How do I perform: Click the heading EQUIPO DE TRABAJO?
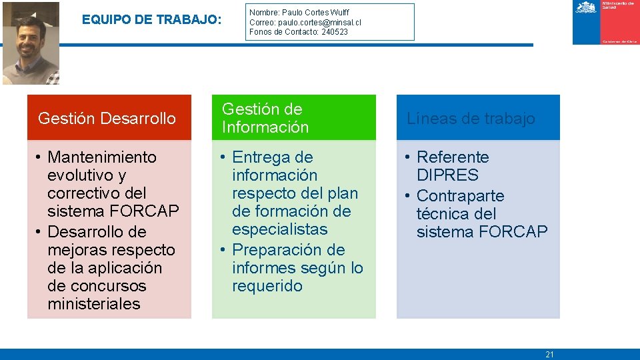click(x=151, y=20)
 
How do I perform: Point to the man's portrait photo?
click(x=30, y=43)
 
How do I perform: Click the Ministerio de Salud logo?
click(x=605, y=23)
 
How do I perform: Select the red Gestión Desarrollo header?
click(x=109, y=118)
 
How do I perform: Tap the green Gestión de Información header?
click(x=293, y=118)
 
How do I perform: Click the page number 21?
click(x=549, y=355)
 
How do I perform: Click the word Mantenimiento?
click(x=102, y=157)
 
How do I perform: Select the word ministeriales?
click(x=94, y=304)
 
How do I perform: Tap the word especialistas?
click(x=279, y=229)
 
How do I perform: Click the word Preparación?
click(x=279, y=250)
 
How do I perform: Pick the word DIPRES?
click(x=447, y=175)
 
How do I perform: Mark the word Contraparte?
click(x=460, y=196)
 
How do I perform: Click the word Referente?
click(x=453, y=157)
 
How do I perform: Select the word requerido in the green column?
click(x=267, y=286)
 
